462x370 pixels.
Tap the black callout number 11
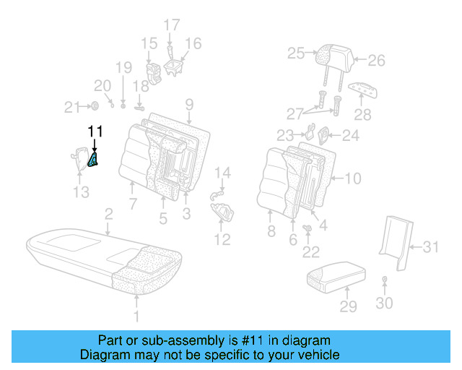(95, 131)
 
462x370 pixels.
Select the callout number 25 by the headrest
(296, 53)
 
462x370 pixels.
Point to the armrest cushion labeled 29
(336, 276)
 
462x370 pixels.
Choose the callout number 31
(430, 247)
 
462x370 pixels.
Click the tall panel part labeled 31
(395, 234)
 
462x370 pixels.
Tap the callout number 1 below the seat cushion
(137, 316)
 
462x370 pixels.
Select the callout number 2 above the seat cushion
(108, 213)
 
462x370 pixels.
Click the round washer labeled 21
(95, 107)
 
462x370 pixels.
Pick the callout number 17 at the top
(171, 25)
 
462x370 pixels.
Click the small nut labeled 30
(384, 280)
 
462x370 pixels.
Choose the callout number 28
(362, 114)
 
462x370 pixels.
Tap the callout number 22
(311, 251)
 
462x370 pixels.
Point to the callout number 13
(82, 192)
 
